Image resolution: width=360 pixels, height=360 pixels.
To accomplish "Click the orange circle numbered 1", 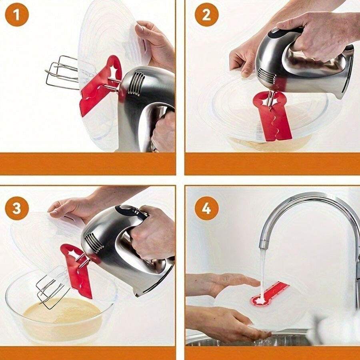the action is tap(17, 15).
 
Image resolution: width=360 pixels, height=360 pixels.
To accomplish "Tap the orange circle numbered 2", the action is tap(207, 15).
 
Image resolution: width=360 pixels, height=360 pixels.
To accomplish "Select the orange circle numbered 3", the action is tap(17, 208).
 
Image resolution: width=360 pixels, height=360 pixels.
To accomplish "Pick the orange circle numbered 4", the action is tap(207, 208).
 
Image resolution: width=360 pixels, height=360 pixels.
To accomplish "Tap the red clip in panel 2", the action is tap(272, 115).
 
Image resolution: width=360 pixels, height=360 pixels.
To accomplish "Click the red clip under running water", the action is tap(269, 294).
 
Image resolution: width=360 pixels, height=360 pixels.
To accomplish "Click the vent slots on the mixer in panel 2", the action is tap(266, 75).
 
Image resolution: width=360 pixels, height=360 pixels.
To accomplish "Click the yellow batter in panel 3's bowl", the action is tap(62, 314).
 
